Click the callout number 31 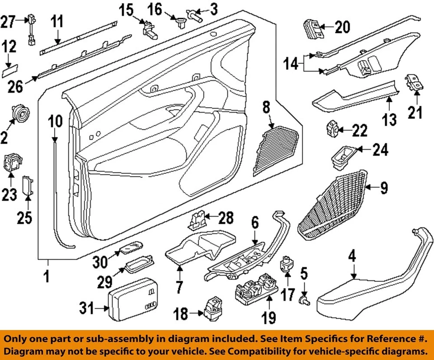coord(86,309)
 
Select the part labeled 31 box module coord(132,299)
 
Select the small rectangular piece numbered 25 coord(28,185)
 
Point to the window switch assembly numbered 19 coord(256,288)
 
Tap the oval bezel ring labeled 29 coord(138,266)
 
